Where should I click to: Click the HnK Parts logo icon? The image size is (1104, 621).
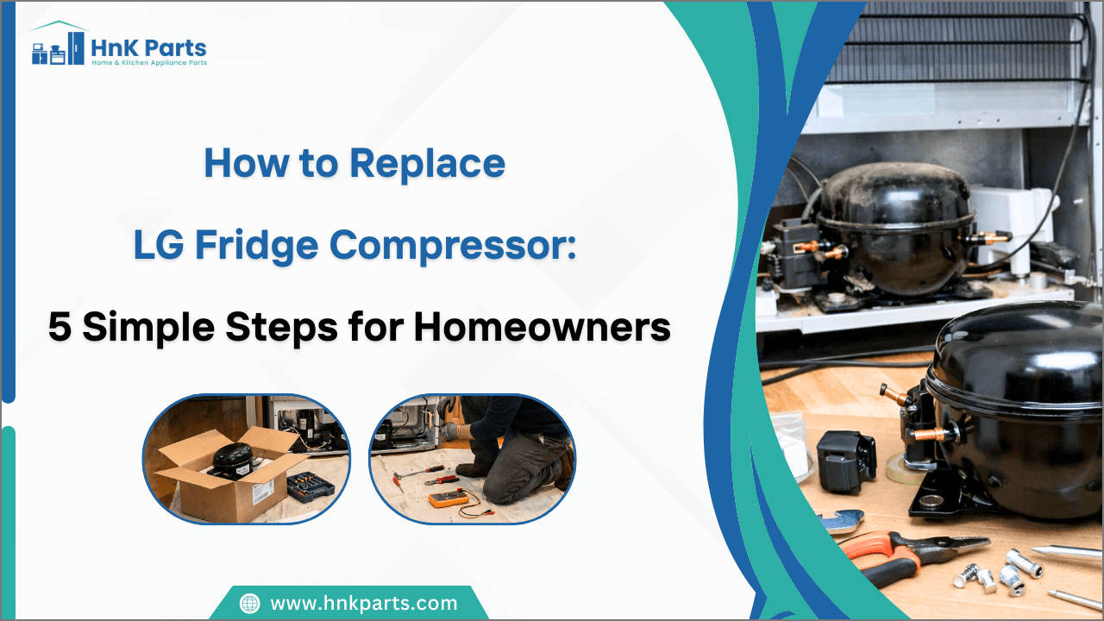58,47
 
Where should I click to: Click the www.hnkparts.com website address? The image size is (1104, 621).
363,603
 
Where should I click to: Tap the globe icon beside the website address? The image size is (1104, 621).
249,603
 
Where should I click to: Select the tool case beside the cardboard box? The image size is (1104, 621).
310,486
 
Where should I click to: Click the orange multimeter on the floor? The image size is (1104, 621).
449,499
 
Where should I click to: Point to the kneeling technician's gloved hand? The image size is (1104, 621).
465,431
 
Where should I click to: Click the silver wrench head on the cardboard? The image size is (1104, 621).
840,521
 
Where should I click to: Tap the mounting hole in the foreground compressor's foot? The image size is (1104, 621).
931,500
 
